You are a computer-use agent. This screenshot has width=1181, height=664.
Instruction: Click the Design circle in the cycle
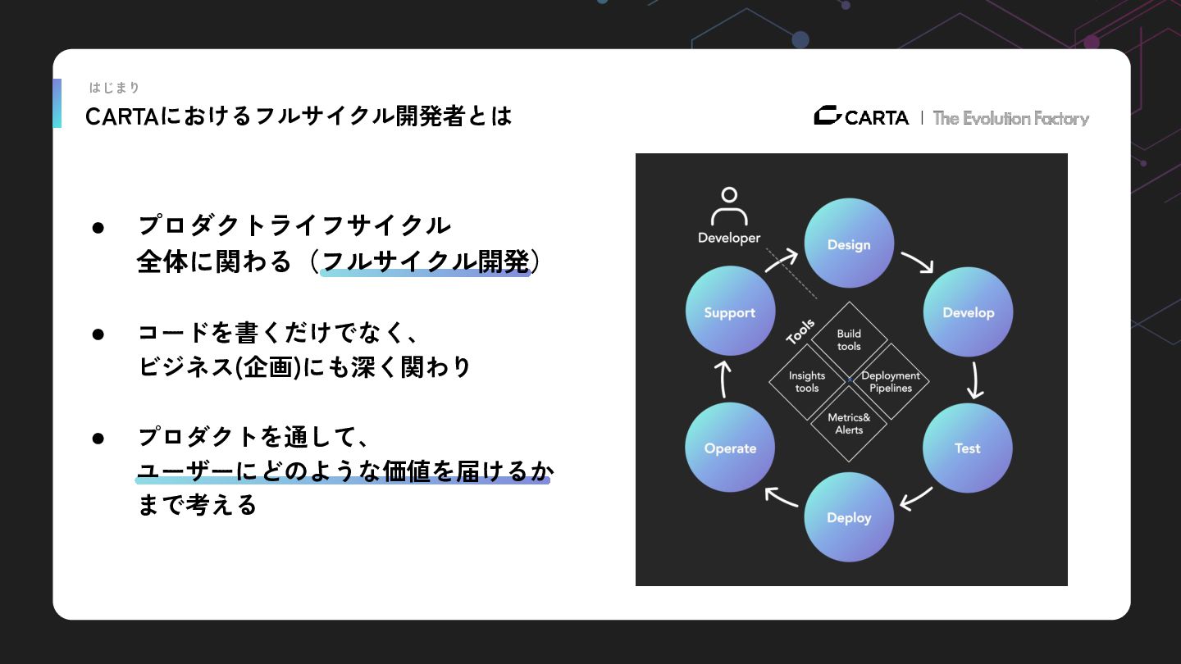coord(849,243)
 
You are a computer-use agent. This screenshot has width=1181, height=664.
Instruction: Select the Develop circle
coord(968,312)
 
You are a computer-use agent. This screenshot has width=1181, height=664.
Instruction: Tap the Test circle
coord(968,448)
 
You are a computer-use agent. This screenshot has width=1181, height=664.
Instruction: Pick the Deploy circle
coord(849,517)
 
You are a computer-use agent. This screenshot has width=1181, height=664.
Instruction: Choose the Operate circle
coord(730,448)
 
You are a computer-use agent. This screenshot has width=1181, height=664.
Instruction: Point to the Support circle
coord(730,312)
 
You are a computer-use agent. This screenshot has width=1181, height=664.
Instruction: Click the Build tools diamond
coord(849,339)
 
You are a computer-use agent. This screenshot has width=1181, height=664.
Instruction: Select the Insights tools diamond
coord(807,381)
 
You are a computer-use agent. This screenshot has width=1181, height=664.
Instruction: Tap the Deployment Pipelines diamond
coord(891,381)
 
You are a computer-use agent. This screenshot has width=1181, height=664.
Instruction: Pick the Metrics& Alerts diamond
coord(849,423)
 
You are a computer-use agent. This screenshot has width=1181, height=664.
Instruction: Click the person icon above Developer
coord(729,207)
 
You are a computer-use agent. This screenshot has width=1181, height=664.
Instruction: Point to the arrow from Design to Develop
coord(918,262)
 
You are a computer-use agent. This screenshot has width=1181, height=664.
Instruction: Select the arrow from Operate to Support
coord(723,379)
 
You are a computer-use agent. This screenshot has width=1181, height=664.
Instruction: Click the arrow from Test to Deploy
coord(916,498)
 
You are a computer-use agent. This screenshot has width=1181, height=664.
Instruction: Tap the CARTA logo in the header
coord(861,117)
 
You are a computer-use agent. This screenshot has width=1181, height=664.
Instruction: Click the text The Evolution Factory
coord(1010,118)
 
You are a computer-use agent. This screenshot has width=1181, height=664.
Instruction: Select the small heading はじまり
coord(115,88)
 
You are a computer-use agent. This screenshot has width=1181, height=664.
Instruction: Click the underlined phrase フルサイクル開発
coord(426,262)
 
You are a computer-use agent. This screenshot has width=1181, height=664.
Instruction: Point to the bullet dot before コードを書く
coord(98,334)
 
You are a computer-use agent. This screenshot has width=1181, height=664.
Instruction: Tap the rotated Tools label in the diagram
coord(800,331)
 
